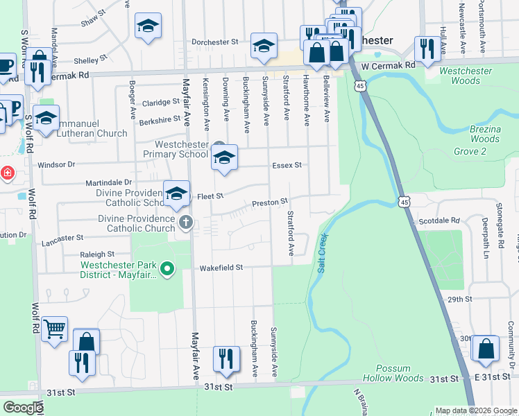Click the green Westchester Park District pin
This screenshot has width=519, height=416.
[x=167, y=269]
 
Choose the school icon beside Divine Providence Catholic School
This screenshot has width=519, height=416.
[x=176, y=194]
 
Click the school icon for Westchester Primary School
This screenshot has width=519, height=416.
[x=224, y=158]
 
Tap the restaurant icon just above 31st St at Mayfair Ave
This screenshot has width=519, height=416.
[x=226, y=358]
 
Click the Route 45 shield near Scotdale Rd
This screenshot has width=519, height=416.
[x=404, y=201]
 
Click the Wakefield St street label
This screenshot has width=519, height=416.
[x=221, y=267]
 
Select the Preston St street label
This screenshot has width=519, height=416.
[x=269, y=202]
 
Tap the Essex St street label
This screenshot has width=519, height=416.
[x=287, y=165]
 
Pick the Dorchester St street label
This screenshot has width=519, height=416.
[x=215, y=42]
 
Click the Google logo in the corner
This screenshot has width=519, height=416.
[x=23, y=408]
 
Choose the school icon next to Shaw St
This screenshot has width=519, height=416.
[x=147, y=26]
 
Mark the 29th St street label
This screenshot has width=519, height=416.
[x=459, y=299]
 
